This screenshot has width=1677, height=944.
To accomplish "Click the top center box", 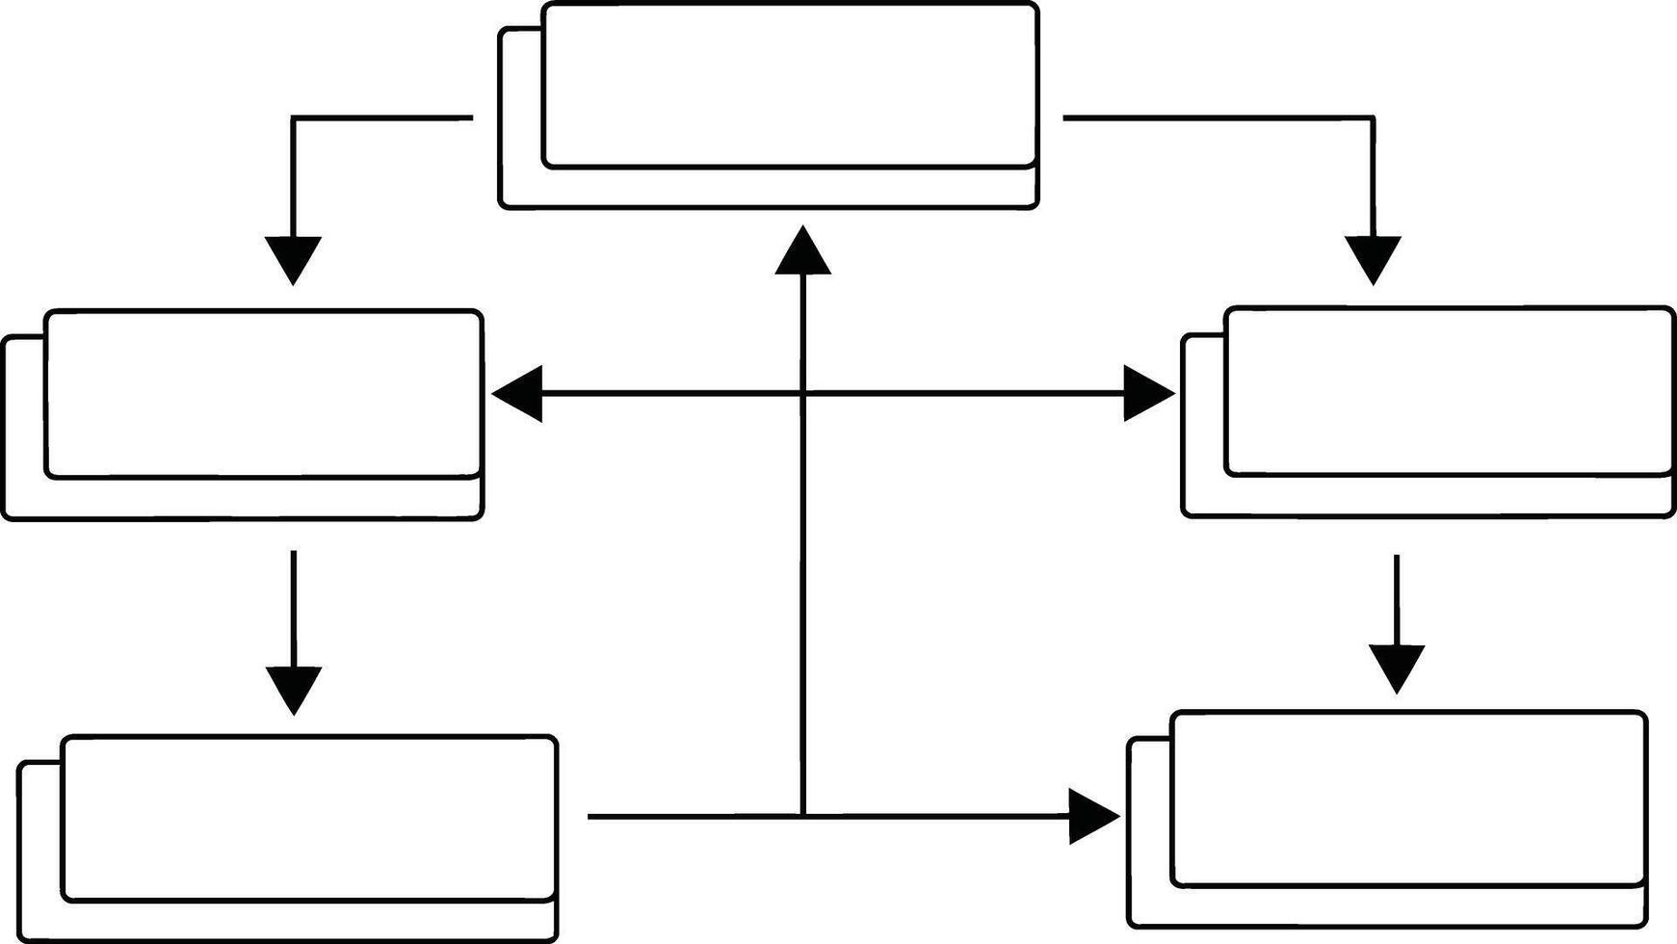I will click(x=789, y=87).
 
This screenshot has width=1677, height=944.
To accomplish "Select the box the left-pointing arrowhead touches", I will click(x=263, y=394).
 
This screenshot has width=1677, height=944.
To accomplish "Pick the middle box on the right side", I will click(x=1448, y=391).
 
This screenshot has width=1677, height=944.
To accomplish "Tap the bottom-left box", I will click(x=308, y=819).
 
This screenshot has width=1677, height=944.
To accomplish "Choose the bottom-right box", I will click(x=1407, y=799).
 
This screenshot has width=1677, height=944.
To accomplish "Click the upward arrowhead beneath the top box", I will click(x=802, y=253).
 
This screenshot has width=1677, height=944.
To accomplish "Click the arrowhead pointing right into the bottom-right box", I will click(x=1092, y=817).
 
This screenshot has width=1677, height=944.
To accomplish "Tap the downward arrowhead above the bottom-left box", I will click(x=294, y=689).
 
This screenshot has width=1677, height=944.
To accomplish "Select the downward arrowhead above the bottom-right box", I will click(x=1397, y=668).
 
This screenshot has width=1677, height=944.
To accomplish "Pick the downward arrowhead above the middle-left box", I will click(x=293, y=258).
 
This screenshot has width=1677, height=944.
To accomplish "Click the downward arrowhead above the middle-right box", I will click(x=1373, y=258).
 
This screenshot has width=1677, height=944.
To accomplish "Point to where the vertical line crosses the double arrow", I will click(x=802, y=394).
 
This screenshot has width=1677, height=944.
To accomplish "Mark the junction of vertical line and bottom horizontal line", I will click(x=802, y=817).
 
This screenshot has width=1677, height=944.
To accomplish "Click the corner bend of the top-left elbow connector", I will click(x=293, y=118).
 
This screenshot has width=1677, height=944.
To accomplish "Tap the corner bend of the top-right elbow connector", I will click(x=1373, y=118).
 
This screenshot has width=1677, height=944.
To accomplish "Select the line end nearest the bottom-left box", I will click(x=590, y=817).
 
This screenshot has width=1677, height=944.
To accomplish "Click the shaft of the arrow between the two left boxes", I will click(x=294, y=607).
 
